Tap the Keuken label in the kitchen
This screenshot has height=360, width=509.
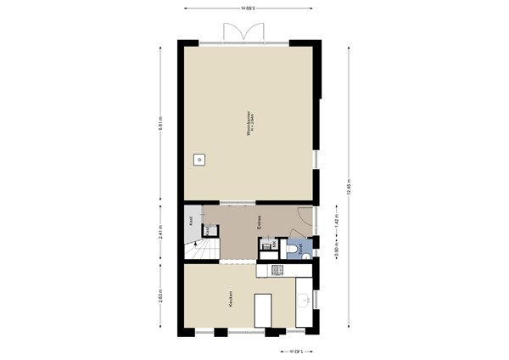(230, 298)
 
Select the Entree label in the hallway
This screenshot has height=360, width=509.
(259, 222)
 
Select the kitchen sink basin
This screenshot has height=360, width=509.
(303, 301)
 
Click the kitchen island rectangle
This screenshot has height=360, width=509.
(262, 310)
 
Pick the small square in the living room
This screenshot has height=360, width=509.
(199, 159)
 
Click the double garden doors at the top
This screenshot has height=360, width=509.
(243, 32)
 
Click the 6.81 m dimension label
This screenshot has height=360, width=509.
(160, 123)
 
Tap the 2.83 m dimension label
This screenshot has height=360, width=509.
(160, 297)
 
